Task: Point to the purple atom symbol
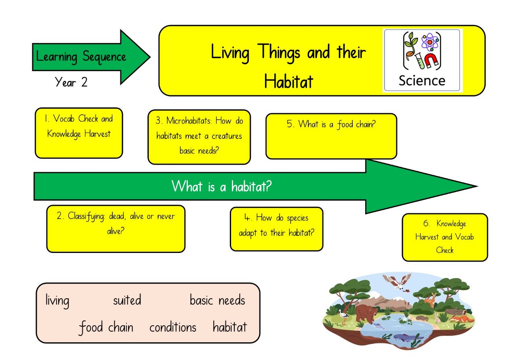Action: (x=430, y=42)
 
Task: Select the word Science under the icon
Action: (x=422, y=81)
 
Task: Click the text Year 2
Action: (x=71, y=82)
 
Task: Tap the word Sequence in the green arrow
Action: (x=104, y=57)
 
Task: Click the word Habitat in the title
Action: (x=288, y=81)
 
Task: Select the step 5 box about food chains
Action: (x=331, y=136)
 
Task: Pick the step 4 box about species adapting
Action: (x=277, y=229)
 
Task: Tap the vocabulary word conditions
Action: (x=173, y=327)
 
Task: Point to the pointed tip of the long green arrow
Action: (x=477, y=186)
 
